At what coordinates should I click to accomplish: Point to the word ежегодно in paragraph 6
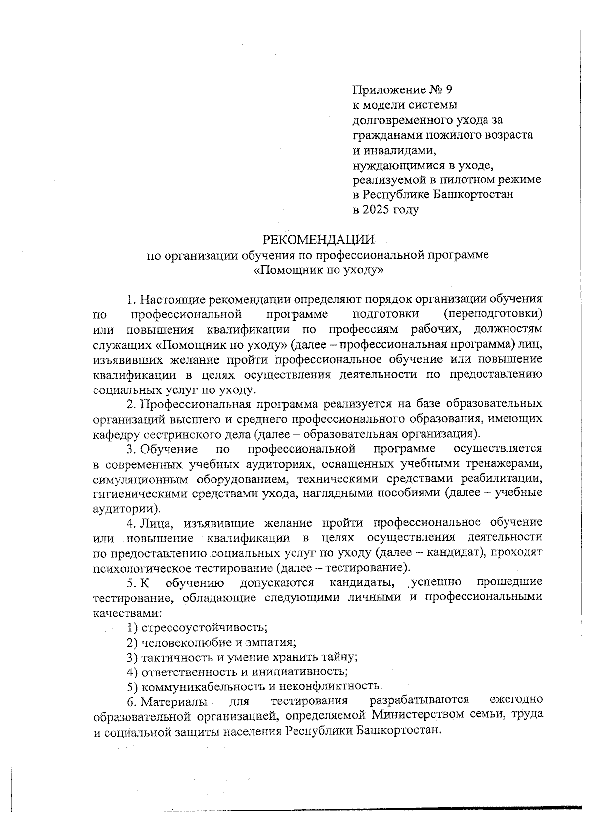tap(515, 700)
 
